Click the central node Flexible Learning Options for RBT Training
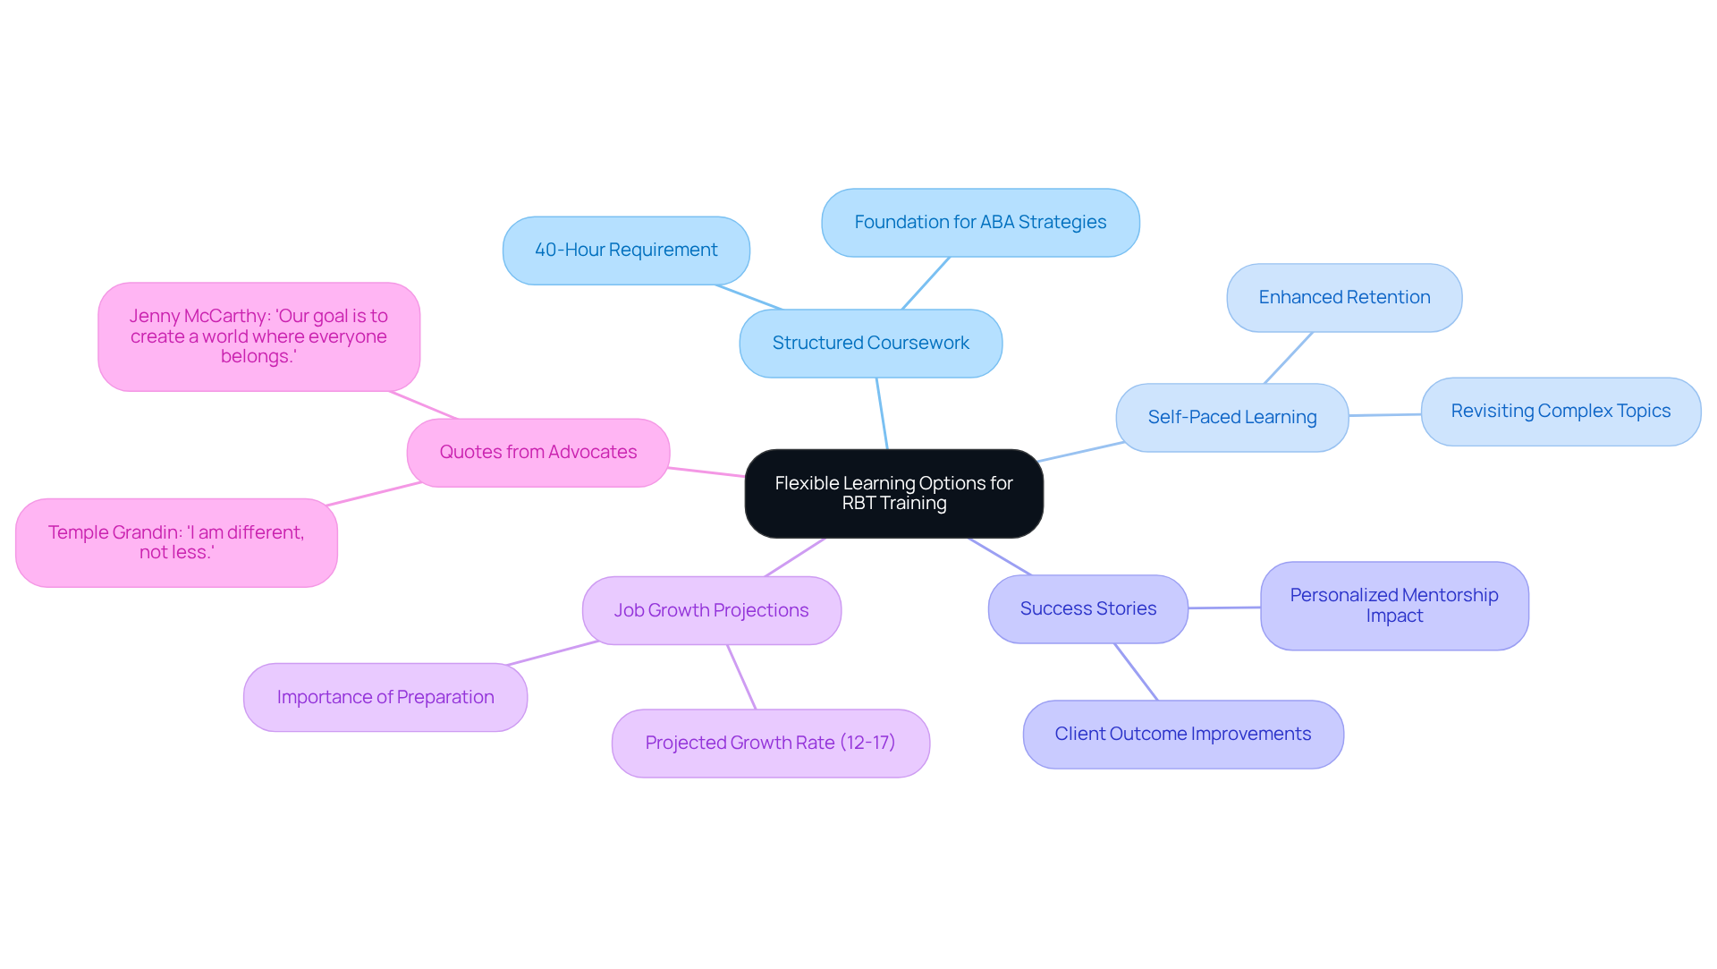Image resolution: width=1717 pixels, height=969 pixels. tap(893, 493)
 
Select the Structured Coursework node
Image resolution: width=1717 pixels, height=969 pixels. tap(870, 344)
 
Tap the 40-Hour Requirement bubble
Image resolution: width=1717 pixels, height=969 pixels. tap(626, 251)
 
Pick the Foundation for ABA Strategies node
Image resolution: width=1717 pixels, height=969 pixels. tap(980, 223)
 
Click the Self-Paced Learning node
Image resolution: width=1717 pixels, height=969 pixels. tap(1231, 418)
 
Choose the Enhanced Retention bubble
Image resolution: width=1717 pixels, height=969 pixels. tap(1344, 298)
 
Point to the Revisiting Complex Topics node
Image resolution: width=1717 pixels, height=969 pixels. tap(1561, 412)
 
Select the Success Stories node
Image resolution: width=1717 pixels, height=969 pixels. tap(1087, 609)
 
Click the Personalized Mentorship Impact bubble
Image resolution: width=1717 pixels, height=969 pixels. tap(1393, 606)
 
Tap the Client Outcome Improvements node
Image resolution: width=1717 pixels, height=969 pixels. tap(1182, 735)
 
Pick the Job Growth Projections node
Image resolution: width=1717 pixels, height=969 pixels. tap(711, 611)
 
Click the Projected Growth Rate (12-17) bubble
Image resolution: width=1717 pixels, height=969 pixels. tap(770, 744)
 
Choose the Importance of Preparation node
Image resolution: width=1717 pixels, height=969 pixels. tap(385, 698)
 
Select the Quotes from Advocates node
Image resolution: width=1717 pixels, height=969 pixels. tap(537, 453)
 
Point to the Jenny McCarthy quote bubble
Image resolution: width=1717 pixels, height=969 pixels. tap(258, 336)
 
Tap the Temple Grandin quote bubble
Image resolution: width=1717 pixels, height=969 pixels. tap(176, 543)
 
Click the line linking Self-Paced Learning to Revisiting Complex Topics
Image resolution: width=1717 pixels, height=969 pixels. tap(1384, 415)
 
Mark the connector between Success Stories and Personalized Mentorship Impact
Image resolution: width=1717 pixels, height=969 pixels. tap(1224, 608)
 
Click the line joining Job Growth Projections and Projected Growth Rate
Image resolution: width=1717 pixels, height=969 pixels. tap(742, 677)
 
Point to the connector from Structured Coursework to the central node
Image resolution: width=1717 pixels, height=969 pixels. tap(882, 413)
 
